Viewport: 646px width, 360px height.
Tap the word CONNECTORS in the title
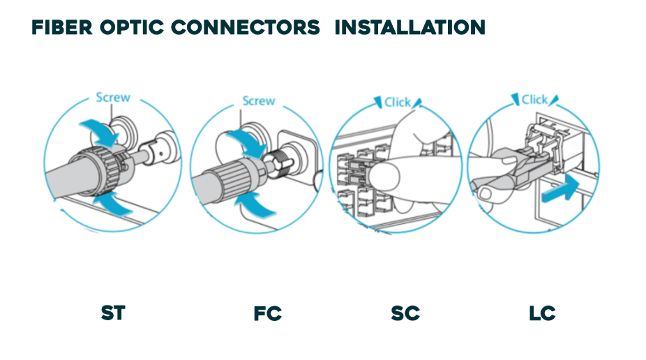(x=246, y=28)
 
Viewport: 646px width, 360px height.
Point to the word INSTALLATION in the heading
(x=410, y=28)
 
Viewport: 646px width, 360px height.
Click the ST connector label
(x=112, y=313)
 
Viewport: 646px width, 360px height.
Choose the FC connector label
(x=267, y=314)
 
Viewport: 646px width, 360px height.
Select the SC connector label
(x=405, y=313)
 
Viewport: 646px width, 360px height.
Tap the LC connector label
(x=542, y=313)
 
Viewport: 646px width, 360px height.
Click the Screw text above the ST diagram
(x=113, y=98)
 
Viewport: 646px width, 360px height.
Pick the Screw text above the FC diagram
(x=258, y=100)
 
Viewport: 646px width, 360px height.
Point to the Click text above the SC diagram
(x=398, y=102)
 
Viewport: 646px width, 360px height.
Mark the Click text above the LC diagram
(x=534, y=99)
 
